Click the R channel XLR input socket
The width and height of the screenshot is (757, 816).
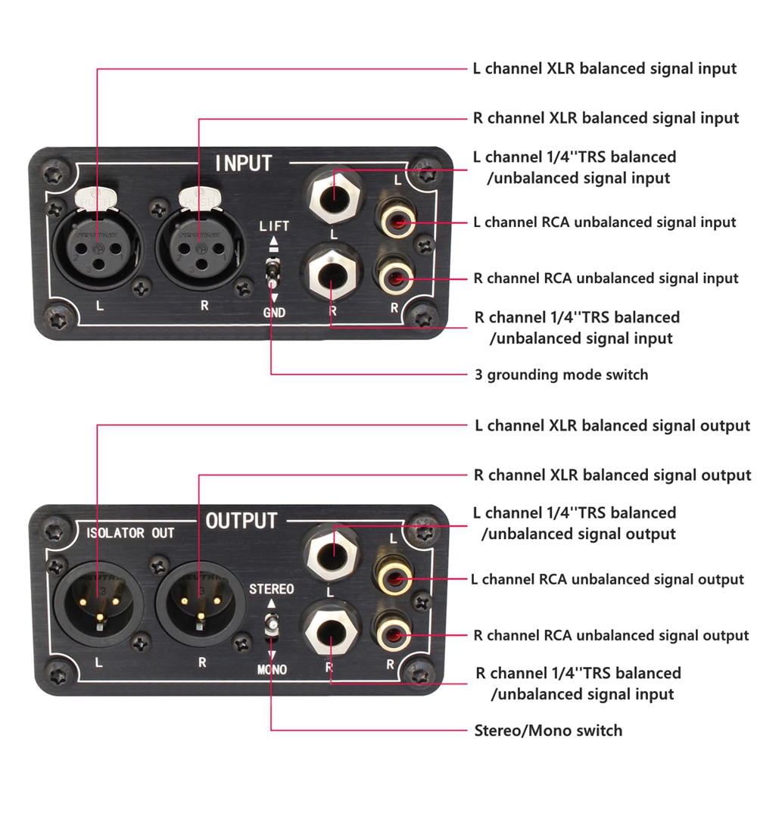(199, 247)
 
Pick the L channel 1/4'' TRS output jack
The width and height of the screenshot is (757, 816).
(332, 551)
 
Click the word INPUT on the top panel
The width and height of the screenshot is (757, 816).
(243, 163)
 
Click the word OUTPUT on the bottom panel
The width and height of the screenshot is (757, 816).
(241, 521)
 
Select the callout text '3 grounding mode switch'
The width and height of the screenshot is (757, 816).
(561, 374)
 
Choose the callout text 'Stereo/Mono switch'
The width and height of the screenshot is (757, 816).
(548, 730)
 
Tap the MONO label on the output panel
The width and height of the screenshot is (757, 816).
(271, 669)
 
